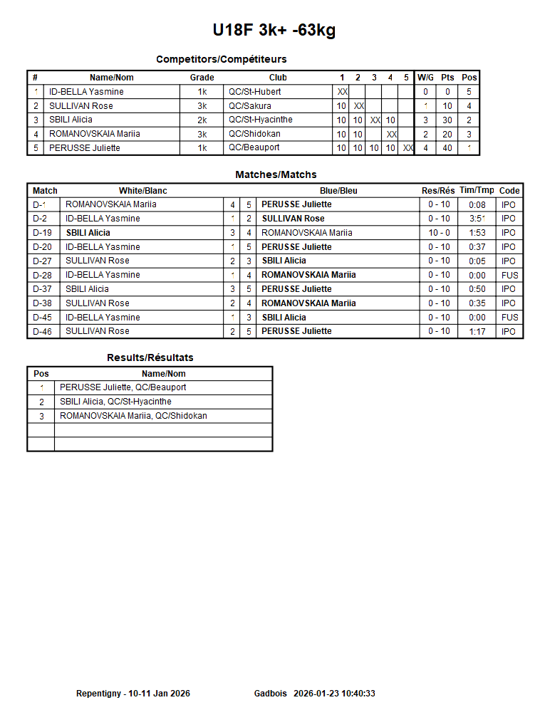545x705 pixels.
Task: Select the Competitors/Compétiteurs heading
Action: click(x=222, y=59)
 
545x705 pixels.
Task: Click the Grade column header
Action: click(x=202, y=78)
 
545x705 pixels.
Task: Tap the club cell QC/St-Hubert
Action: click(x=254, y=92)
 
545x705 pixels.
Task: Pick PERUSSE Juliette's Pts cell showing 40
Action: click(x=447, y=148)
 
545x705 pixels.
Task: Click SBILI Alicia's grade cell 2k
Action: click(x=202, y=120)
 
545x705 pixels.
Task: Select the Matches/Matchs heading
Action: click(x=276, y=174)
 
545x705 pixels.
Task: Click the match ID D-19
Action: click(x=43, y=233)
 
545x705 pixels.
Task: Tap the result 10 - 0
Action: click(x=439, y=233)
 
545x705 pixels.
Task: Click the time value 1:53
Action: click(x=477, y=233)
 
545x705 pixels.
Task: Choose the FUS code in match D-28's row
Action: click(x=509, y=275)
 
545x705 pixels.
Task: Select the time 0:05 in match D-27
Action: click(x=477, y=261)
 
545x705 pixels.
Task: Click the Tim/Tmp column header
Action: click(x=477, y=190)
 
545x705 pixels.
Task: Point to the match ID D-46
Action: click(x=43, y=331)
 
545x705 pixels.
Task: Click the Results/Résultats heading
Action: click(x=150, y=357)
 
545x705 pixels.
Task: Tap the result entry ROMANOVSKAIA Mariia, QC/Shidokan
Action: click(x=133, y=416)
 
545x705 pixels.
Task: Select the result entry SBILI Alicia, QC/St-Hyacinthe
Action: click(x=115, y=402)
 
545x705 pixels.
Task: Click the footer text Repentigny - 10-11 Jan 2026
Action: click(x=133, y=694)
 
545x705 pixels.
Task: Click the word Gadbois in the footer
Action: click(x=271, y=694)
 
